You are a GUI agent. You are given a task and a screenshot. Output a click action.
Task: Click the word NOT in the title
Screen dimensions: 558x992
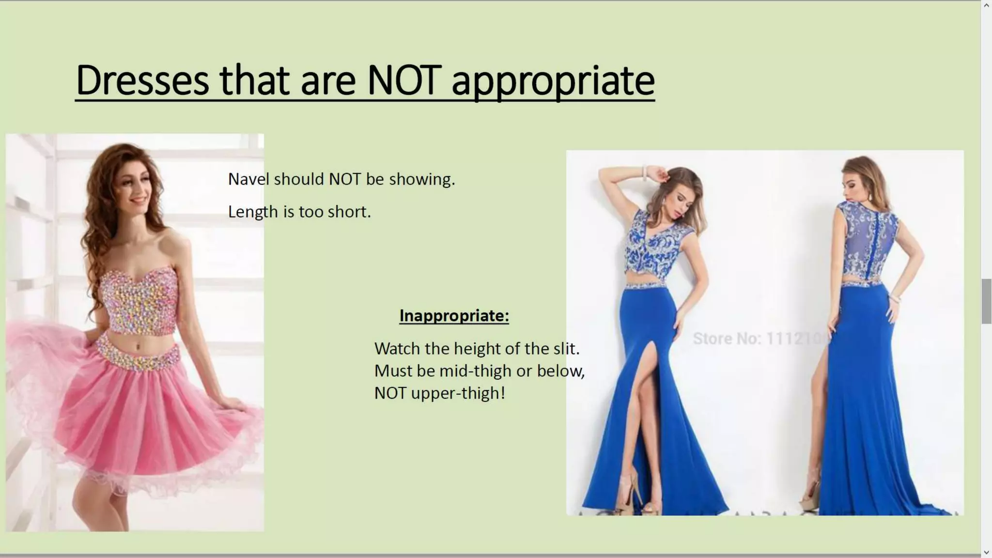point(404,80)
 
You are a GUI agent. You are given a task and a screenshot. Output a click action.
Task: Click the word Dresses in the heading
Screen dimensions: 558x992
point(142,80)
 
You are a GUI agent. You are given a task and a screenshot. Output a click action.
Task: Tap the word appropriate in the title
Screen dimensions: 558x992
point(553,81)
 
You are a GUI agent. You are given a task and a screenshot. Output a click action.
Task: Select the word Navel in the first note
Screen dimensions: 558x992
point(248,179)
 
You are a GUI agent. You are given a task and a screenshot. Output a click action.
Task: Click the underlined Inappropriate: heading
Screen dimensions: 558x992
point(454,316)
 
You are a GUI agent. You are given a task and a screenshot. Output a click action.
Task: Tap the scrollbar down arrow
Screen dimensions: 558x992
point(986,552)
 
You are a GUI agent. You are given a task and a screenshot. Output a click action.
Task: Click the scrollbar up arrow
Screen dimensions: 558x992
point(986,5)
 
